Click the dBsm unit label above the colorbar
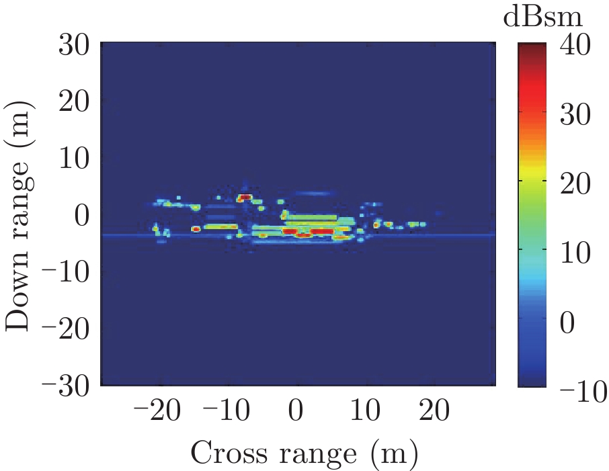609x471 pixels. pyautogui.click(x=542, y=17)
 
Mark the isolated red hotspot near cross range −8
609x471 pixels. pyautogui.click(x=245, y=198)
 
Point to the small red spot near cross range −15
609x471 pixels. pyautogui.click(x=196, y=229)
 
